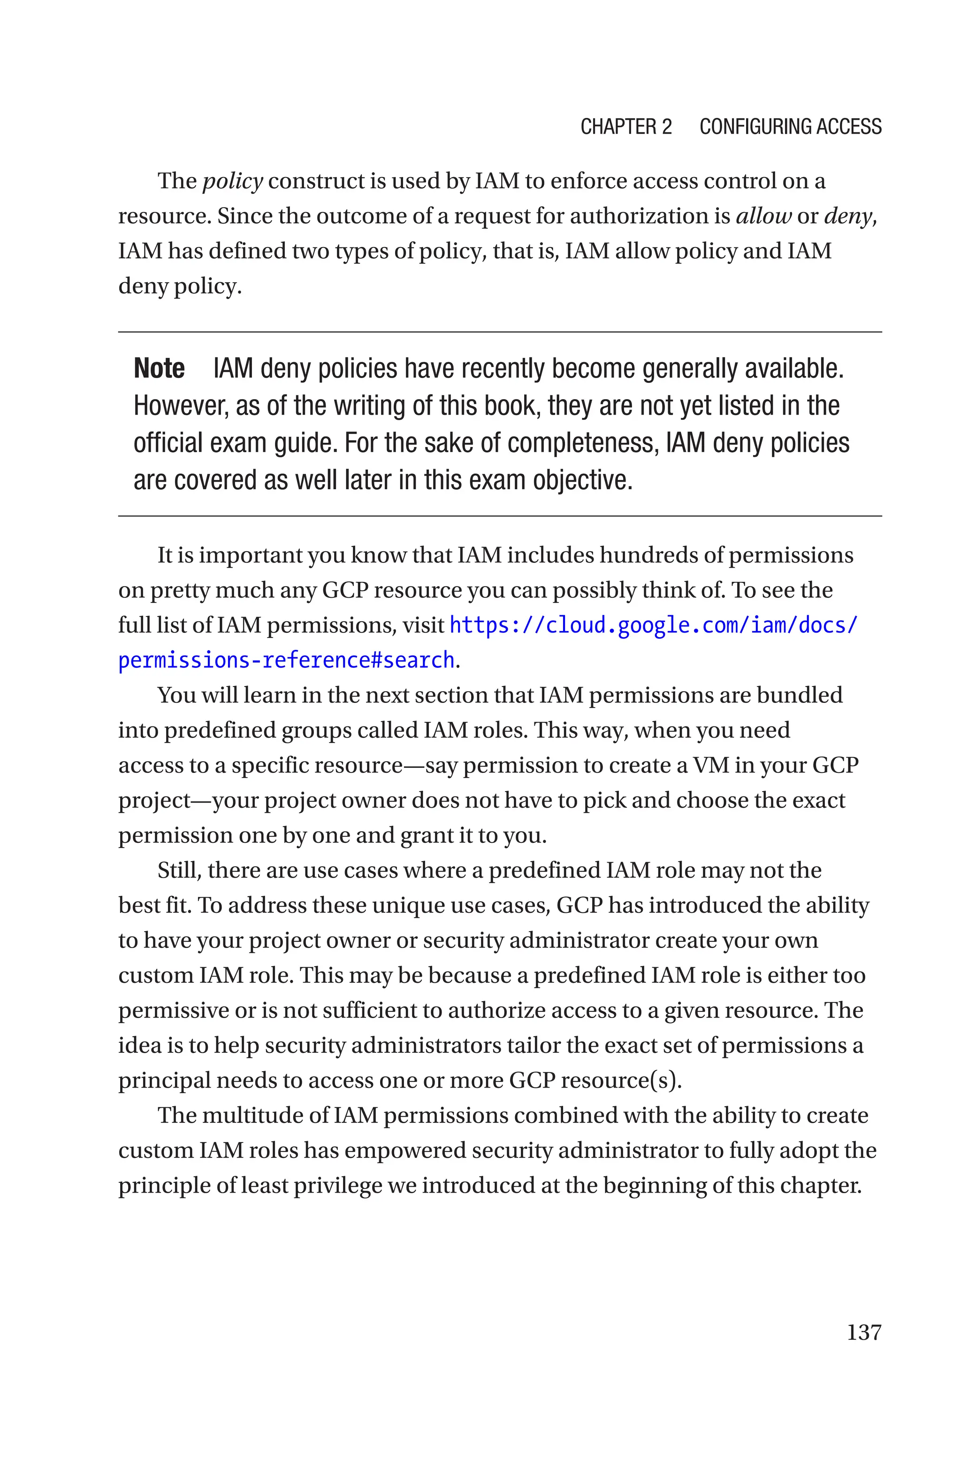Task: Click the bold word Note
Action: coord(159,369)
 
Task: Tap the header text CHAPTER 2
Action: coord(626,126)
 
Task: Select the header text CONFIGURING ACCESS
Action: coord(790,126)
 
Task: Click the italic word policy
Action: coord(232,181)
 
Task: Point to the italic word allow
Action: coord(763,216)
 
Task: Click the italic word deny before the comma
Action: coord(847,216)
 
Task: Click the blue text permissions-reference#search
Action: coord(286,660)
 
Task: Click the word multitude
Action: coord(254,1115)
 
